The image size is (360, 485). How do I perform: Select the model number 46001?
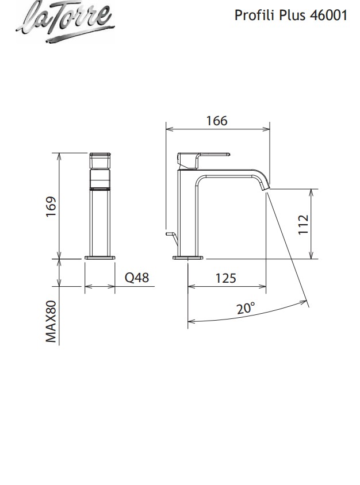click(329, 16)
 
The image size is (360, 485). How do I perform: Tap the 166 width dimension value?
click(217, 121)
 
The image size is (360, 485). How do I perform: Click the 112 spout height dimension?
click(304, 224)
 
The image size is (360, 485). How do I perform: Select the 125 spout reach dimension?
click(225, 278)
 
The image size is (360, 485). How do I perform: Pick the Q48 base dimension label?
click(137, 278)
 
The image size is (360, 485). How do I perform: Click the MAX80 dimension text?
click(51, 322)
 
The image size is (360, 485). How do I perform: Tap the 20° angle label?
click(246, 308)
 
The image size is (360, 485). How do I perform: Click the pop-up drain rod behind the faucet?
click(170, 234)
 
